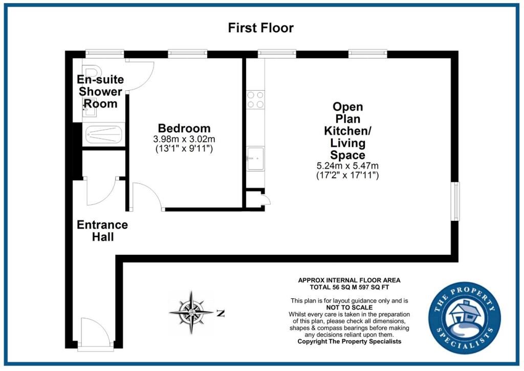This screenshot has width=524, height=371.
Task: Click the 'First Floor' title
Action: pyautogui.click(x=260, y=28)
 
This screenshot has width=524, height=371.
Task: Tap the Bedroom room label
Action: pyautogui.click(x=184, y=128)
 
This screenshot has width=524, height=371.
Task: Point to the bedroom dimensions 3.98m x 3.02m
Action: pyautogui.click(x=184, y=138)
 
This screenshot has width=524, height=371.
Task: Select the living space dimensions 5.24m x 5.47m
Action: pyautogui.click(x=347, y=166)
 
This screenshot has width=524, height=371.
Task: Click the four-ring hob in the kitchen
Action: pyautogui.click(x=255, y=100)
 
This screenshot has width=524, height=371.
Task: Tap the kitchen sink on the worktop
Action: pyautogui.click(x=255, y=158)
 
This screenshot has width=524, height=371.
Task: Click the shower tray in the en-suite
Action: pyautogui.click(x=103, y=134)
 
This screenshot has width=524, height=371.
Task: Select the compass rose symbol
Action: pyautogui.click(x=191, y=313)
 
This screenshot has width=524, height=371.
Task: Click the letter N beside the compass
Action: pyautogui.click(x=221, y=314)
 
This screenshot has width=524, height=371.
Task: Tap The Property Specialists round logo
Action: pyautogui.click(x=465, y=318)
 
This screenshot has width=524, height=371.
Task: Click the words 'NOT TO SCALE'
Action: pyautogui.click(x=349, y=307)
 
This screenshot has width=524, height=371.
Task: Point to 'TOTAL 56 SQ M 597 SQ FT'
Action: pyautogui.click(x=349, y=287)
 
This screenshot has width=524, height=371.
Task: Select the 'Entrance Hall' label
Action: pyautogui.click(x=102, y=231)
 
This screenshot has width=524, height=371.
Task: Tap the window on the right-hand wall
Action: pyautogui.click(x=455, y=201)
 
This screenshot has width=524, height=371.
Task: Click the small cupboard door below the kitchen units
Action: pyautogui.click(x=266, y=200)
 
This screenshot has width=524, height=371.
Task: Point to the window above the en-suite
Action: pyautogui.click(x=104, y=53)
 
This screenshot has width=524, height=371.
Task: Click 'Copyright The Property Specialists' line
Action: pyautogui.click(x=349, y=342)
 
